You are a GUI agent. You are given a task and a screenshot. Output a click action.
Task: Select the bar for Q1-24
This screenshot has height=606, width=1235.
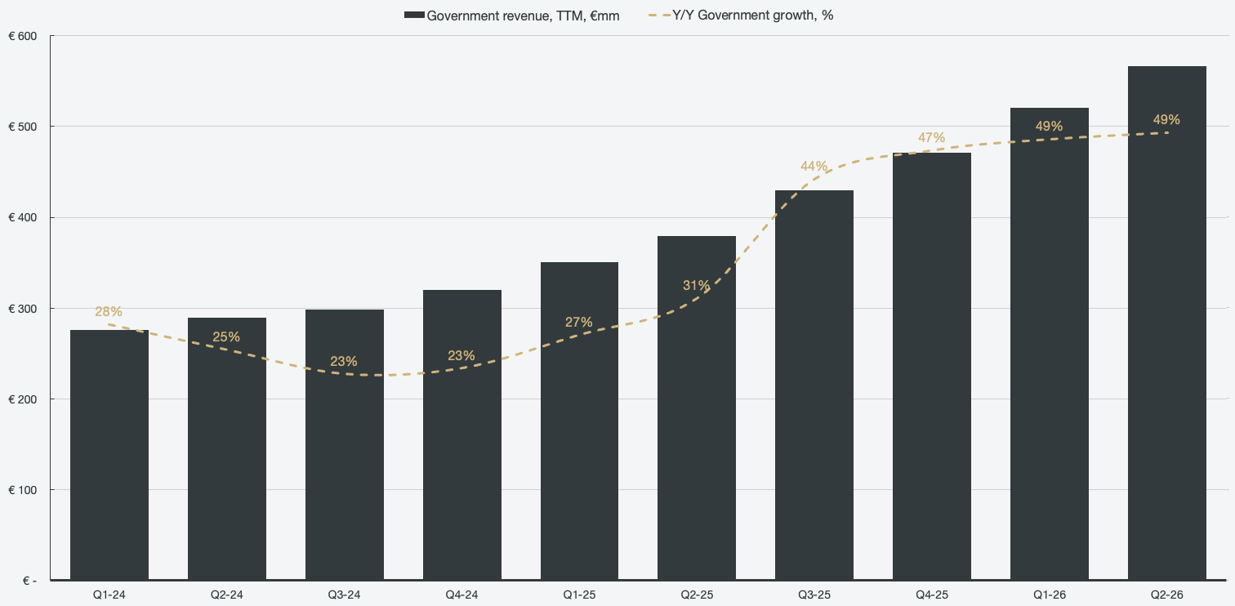[109, 455]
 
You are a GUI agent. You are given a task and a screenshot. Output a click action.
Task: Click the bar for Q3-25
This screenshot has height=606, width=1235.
[814, 385]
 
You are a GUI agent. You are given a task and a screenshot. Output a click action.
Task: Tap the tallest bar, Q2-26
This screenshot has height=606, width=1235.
[1167, 323]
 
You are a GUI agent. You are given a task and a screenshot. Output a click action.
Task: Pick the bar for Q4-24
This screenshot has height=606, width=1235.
[462, 434]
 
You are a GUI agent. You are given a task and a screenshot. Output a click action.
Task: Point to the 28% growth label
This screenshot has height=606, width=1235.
[109, 311]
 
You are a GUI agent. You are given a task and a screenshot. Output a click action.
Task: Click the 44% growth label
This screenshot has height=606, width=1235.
[814, 166]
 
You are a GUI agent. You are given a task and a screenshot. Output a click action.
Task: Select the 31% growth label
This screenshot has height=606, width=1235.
[696, 285]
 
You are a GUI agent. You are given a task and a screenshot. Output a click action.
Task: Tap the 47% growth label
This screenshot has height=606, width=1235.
[931, 137]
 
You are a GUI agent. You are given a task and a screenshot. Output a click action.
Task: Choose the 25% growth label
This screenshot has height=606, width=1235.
[226, 337]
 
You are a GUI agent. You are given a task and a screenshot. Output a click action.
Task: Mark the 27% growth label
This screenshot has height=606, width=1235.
[578, 322]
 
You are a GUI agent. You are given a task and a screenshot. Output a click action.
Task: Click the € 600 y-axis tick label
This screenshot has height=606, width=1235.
[23, 37]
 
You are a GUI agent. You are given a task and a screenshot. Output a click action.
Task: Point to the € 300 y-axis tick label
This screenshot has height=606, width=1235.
[23, 309]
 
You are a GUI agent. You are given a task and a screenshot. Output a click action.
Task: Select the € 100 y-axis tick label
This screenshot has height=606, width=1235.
[23, 490]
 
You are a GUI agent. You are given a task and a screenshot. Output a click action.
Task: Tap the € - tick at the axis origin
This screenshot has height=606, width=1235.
[29, 581]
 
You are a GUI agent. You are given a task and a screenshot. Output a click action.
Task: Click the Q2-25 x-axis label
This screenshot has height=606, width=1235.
[697, 595]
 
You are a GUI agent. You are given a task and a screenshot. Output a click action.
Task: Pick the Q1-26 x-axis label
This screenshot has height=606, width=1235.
[1050, 595]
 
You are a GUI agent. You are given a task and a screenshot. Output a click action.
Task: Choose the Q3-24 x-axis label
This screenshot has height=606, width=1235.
[344, 595]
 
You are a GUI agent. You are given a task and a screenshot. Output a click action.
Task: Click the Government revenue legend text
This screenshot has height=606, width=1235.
[523, 16]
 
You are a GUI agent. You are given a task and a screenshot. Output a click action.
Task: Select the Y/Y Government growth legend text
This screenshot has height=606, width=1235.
[752, 16]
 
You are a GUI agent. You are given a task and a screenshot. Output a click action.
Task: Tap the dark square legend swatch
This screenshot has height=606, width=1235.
[414, 15]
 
